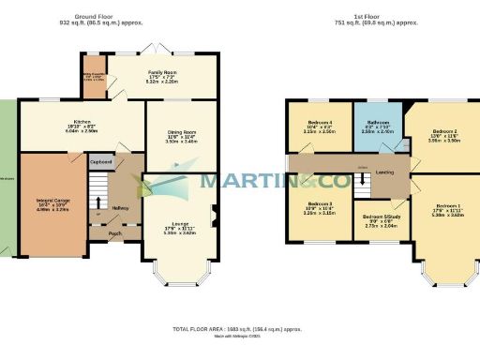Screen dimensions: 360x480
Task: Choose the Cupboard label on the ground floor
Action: pos(101,162)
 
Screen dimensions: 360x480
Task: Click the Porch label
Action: pos(115,233)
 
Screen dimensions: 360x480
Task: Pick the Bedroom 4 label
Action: pos(321,123)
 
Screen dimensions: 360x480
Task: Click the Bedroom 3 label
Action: pos(321,203)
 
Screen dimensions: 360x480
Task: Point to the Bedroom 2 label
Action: pos(443,131)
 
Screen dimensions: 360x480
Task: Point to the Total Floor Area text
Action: pos(240,329)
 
